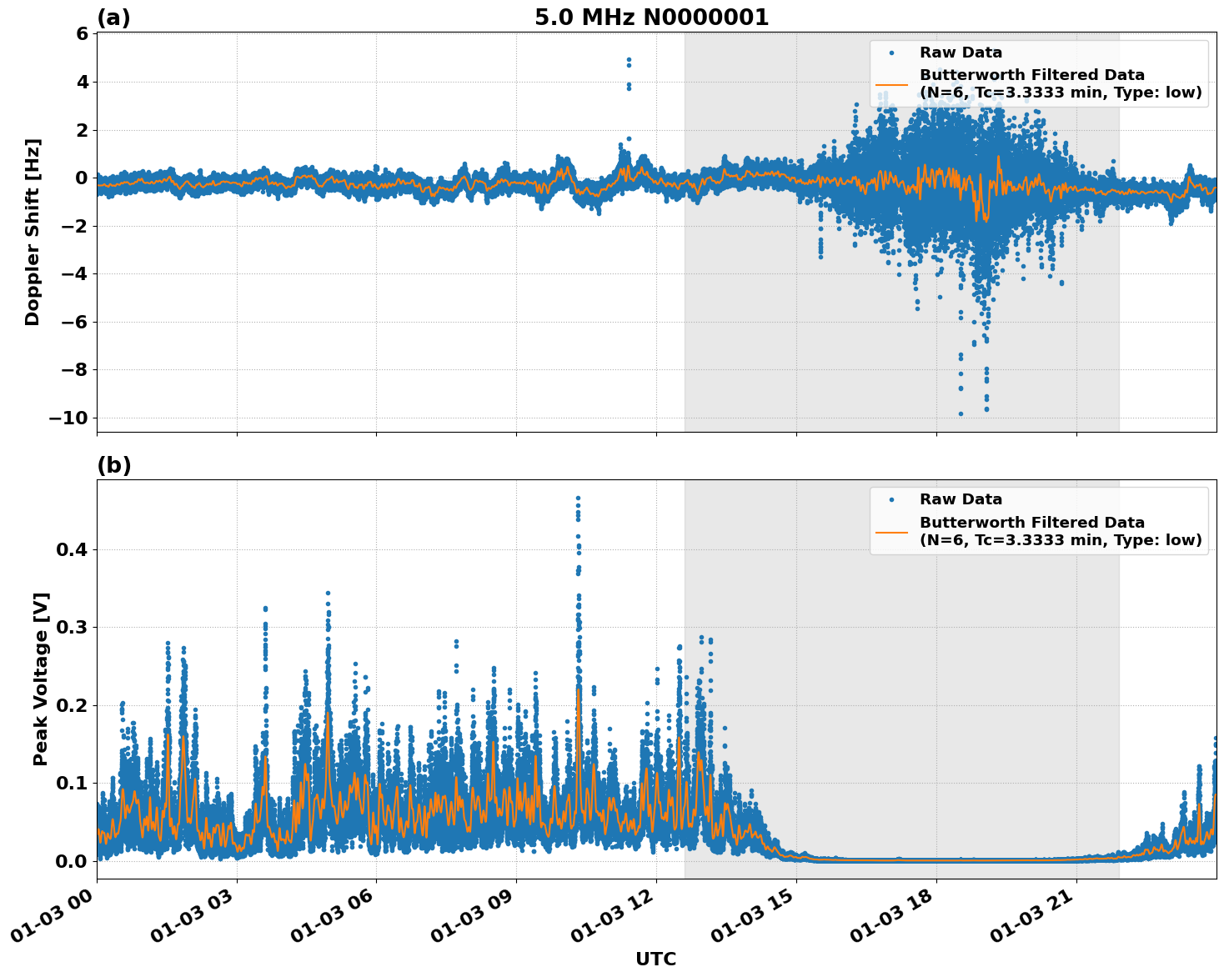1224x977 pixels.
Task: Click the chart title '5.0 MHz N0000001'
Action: point(651,18)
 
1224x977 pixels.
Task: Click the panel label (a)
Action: point(113,18)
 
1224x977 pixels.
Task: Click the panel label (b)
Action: point(113,465)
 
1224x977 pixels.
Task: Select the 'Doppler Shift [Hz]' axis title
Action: point(33,232)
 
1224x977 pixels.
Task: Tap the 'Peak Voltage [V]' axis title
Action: point(41,679)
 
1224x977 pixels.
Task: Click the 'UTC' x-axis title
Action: point(655,959)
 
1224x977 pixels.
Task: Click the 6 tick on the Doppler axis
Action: point(82,34)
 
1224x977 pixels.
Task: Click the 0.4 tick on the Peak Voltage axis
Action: point(72,549)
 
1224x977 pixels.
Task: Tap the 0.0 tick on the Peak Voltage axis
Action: point(72,861)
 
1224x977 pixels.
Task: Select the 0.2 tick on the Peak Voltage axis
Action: point(72,705)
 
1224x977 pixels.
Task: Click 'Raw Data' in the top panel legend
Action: point(961,53)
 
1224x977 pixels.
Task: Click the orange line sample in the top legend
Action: point(891,84)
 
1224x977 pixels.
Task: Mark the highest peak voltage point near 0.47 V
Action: point(578,498)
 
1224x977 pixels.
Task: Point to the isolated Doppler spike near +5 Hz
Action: point(629,61)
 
